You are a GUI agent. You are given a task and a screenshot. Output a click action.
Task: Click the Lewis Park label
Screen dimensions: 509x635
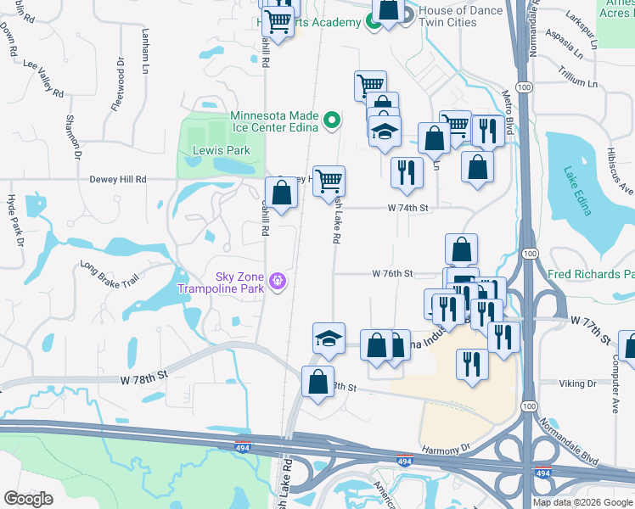pos(209,150)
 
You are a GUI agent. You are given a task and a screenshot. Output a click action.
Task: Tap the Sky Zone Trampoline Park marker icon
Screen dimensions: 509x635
pos(276,280)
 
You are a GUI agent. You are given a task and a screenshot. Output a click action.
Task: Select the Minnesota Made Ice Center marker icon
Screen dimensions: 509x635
pos(333,121)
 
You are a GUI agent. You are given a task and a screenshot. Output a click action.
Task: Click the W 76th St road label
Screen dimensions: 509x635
pos(392,274)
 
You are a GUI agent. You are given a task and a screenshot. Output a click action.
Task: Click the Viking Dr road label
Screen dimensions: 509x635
pos(579,383)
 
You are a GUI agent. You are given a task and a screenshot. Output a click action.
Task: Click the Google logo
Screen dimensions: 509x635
pos(28,499)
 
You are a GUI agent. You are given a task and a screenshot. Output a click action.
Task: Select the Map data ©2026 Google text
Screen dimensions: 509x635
pos(582,502)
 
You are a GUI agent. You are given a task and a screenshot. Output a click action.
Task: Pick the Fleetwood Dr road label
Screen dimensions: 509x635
pos(118,85)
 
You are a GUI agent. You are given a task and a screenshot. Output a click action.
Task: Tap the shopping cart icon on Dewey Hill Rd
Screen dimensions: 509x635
pos(329,181)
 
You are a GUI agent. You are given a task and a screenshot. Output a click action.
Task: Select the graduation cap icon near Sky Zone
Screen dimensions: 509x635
pos(329,338)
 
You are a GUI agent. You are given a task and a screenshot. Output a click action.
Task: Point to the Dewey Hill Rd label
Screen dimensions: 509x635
pos(118,180)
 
